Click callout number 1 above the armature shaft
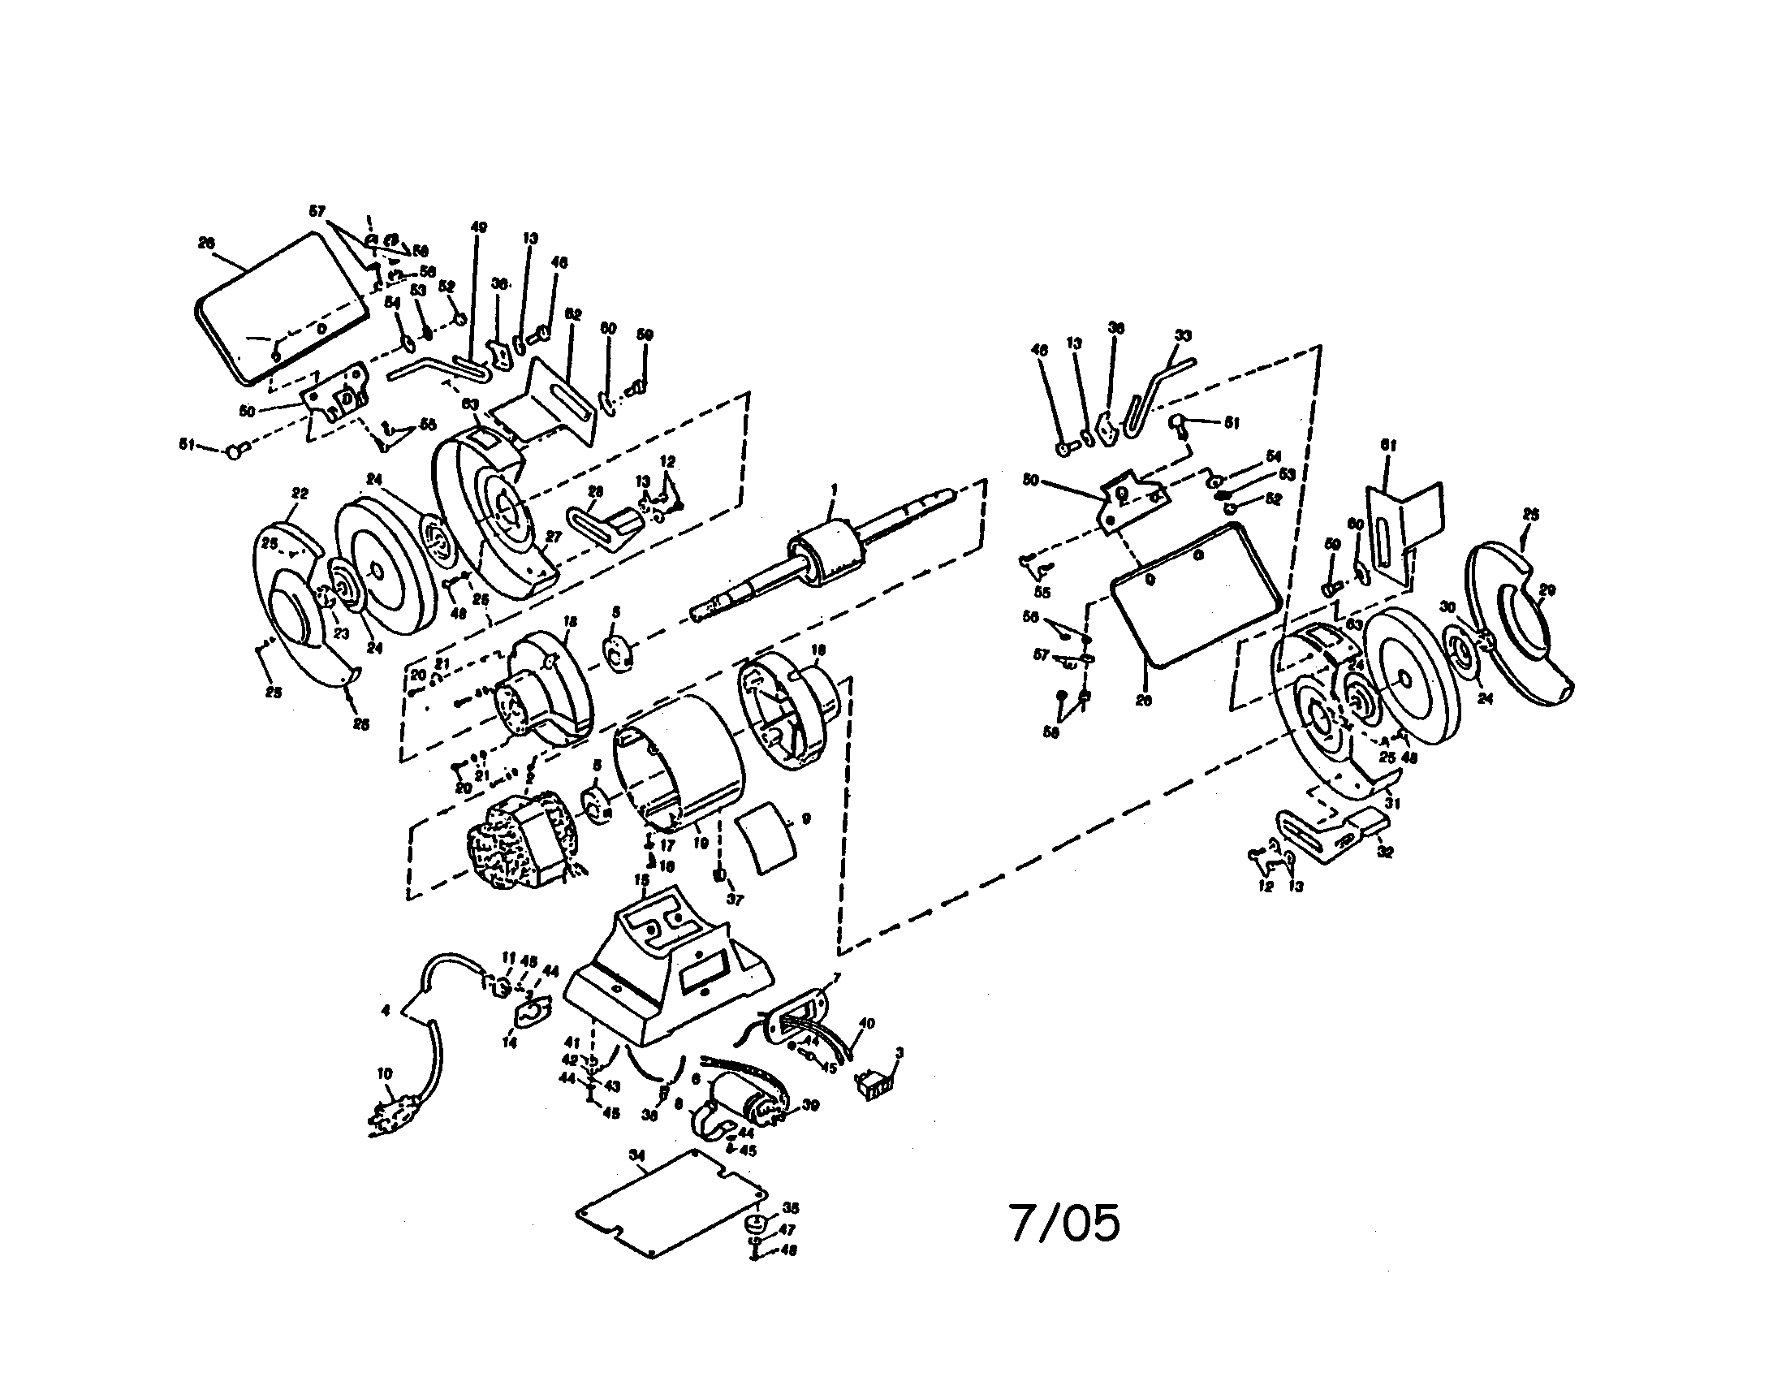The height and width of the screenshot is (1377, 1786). tap(834, 489)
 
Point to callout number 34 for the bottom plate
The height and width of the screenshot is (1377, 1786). tap(637, 1155)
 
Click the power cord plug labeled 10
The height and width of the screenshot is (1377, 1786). tap(396, 1114)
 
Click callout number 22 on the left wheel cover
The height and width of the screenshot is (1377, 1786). tap(300, 494)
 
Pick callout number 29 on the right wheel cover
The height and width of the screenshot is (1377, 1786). tap(1547, 590)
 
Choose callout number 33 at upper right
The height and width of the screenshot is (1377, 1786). tap(1183, 335)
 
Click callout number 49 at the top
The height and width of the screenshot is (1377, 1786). tap(479, 227)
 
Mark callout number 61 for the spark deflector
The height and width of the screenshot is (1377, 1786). tap(1388, 445)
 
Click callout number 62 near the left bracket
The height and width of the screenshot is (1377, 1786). tap(574, 315)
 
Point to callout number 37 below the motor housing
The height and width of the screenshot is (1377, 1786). tap(735, 900)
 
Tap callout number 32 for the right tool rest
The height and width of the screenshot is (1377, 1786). tap(1385, 851)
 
